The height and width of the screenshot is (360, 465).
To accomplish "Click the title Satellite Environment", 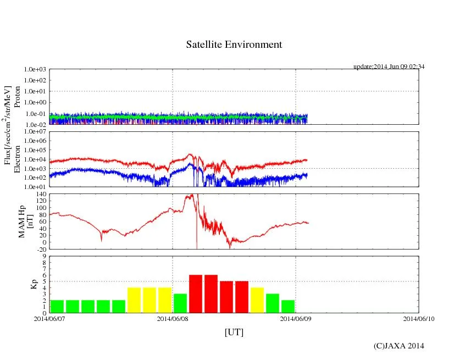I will click(x=234, y=45).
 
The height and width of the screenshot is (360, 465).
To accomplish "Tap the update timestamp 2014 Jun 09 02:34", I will click(x=389, y=67).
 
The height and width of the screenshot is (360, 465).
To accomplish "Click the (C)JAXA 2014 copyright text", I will click(x=398, y=346).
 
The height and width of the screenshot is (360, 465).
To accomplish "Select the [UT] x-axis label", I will click(x=234, y=332).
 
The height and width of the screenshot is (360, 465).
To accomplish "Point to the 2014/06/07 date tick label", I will click(x=49, y=318).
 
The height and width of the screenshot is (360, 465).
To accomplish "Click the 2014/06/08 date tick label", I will click(x=173, y=318).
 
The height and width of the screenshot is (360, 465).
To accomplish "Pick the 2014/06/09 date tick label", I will click(x=296, y=318).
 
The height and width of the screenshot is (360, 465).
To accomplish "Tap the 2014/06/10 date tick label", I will click(x=419, y=318).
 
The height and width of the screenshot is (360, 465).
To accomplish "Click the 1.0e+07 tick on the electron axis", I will click(x=35, y=132).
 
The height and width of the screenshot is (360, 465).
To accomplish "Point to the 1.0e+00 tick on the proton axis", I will click(x=35, y=103).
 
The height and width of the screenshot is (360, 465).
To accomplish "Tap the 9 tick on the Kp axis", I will click(x=43, y=256).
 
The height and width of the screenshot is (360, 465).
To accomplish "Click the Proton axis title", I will click(x=17, y=97).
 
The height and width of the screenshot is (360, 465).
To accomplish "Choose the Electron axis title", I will click(x=17, y=159).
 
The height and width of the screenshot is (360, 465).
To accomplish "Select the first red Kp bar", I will click(x=196, y=293).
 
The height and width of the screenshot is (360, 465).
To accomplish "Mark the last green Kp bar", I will click(x=288, y=306).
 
